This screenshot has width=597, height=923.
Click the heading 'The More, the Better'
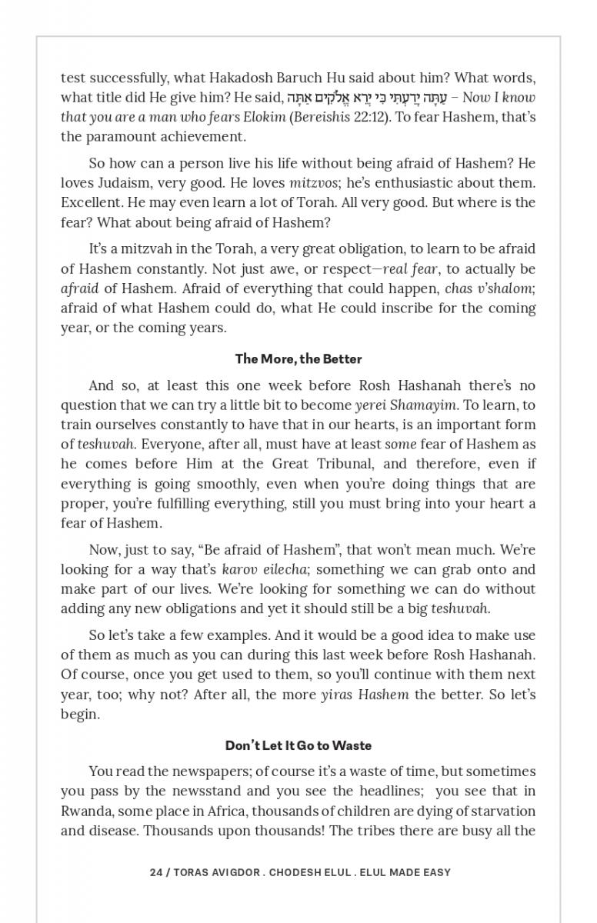pos(298,359)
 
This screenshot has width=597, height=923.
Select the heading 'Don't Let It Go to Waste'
pos(298,745)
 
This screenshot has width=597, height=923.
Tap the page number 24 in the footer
pos(156,872)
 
